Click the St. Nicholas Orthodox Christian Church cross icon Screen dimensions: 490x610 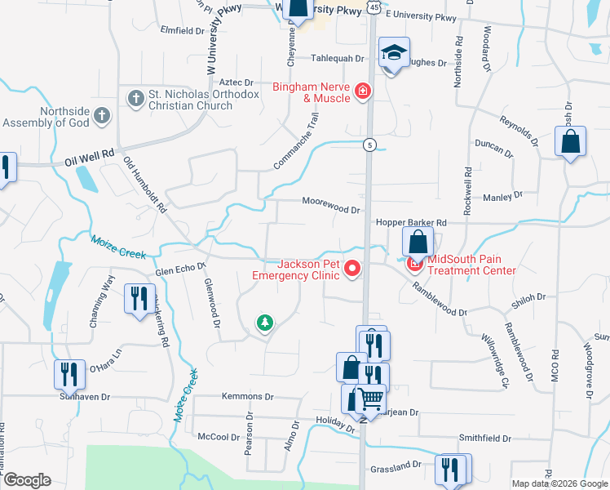tap(135, 99)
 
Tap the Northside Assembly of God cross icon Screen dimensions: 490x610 tap(101, 116)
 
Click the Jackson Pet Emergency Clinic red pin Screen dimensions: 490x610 tap(352, 268)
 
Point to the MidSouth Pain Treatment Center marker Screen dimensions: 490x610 tap(414, 264)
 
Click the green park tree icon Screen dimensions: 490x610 tap(264, 324)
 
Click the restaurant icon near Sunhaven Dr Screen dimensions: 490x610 tap(69, 374)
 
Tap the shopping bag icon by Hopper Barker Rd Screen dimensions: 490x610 tap(418, 242)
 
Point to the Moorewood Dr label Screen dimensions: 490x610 tap(330, 205)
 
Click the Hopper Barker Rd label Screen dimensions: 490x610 tap(411, 222)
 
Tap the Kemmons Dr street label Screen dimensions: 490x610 tap(248, 396)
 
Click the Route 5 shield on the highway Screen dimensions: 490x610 tap(370, 145)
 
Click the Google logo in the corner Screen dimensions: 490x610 tap(27, 480)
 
